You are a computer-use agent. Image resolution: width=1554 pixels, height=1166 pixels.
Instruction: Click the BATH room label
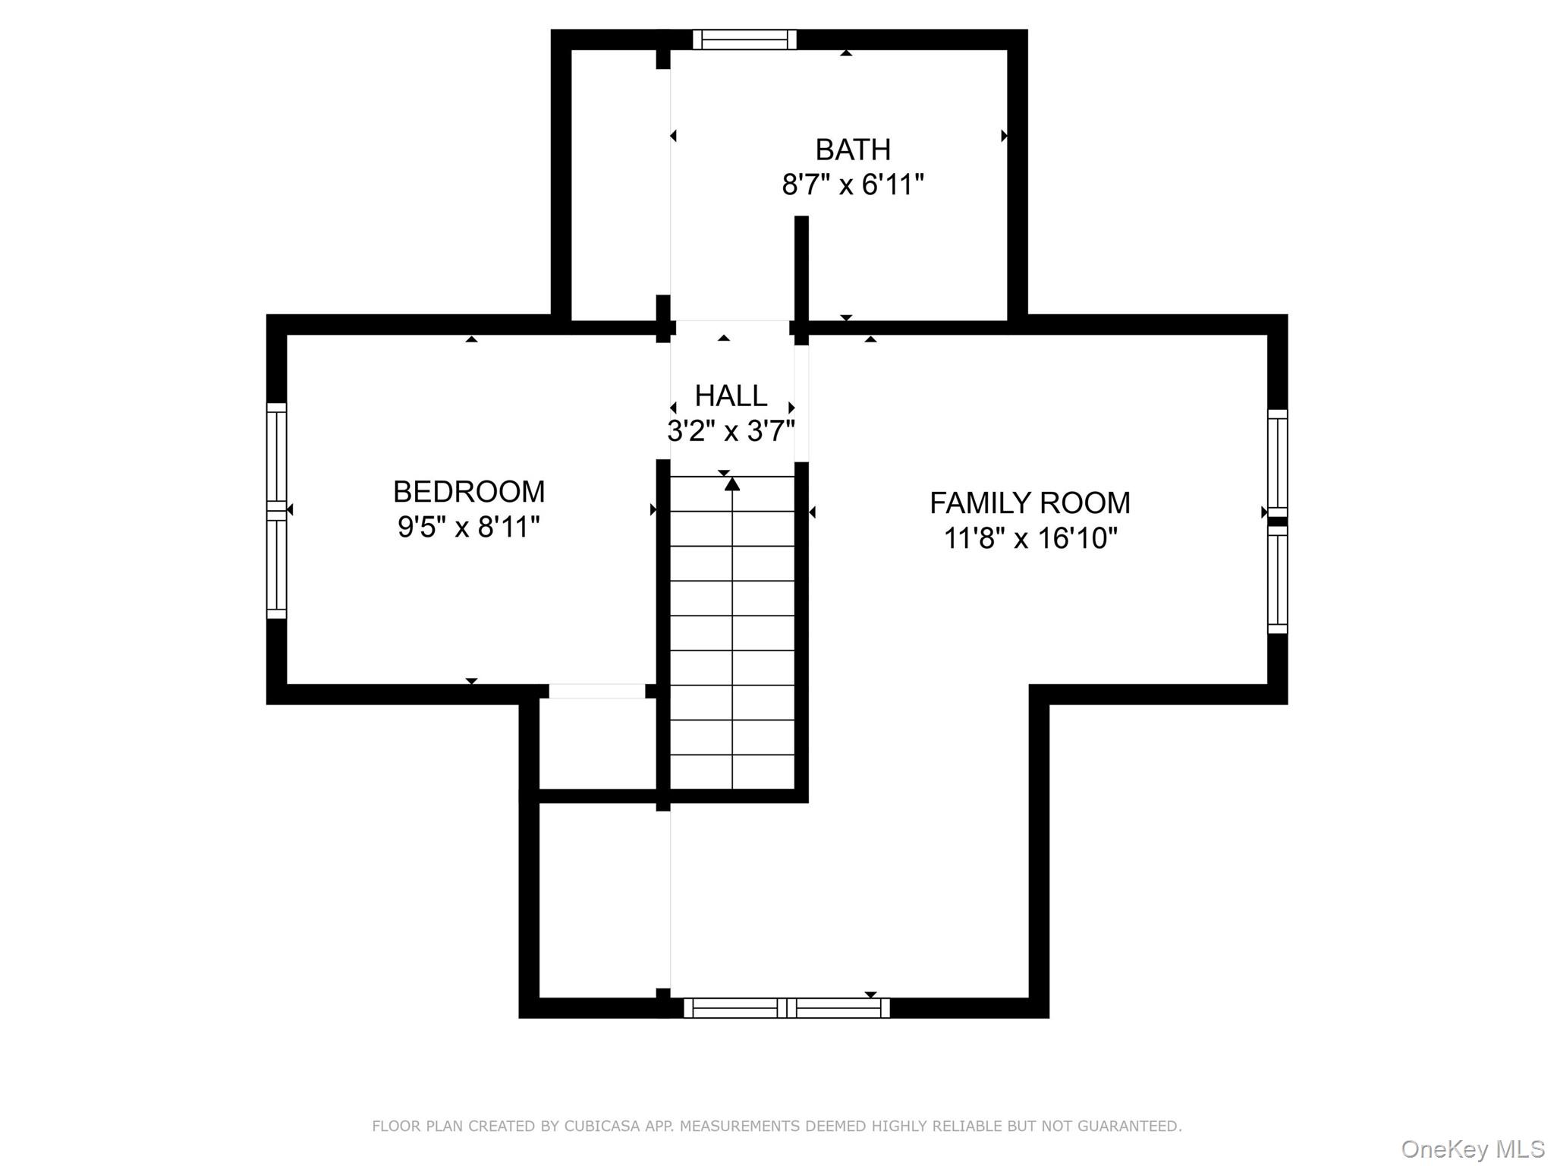[853, 150]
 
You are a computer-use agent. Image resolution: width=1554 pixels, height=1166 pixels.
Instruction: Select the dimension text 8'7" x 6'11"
[853, 185]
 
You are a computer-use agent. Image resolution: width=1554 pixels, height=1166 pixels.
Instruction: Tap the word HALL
[731, 396]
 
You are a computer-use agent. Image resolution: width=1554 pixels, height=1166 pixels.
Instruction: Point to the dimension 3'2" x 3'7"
[731, 432]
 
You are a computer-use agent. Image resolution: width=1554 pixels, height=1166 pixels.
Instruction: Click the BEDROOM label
[469, 492]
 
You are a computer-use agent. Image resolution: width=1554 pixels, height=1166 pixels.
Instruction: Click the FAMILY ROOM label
[1030, 503]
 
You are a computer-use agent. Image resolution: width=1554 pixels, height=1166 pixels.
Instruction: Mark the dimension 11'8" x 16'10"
[1030, 539]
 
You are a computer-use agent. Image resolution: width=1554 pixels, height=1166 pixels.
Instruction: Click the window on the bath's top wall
[744, 39]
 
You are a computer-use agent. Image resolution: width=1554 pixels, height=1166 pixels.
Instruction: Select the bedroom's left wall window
[277, 510]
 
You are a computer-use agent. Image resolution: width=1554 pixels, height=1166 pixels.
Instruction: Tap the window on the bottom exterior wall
[786, 1008]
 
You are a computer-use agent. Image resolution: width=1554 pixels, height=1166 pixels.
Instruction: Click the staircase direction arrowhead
[732, 484]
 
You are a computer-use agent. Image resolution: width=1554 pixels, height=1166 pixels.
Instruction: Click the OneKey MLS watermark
[1472, 1149]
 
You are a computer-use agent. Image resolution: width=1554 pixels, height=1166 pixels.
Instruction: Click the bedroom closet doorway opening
[596, 692]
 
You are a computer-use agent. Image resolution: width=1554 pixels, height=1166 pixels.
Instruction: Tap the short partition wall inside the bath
[801, 269]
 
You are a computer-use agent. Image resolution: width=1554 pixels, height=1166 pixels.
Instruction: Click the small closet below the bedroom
[597, 744]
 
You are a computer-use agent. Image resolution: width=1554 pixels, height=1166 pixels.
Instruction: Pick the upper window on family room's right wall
[1278, 463]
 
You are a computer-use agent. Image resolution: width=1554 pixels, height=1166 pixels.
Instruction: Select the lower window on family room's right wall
[1278, 580]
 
